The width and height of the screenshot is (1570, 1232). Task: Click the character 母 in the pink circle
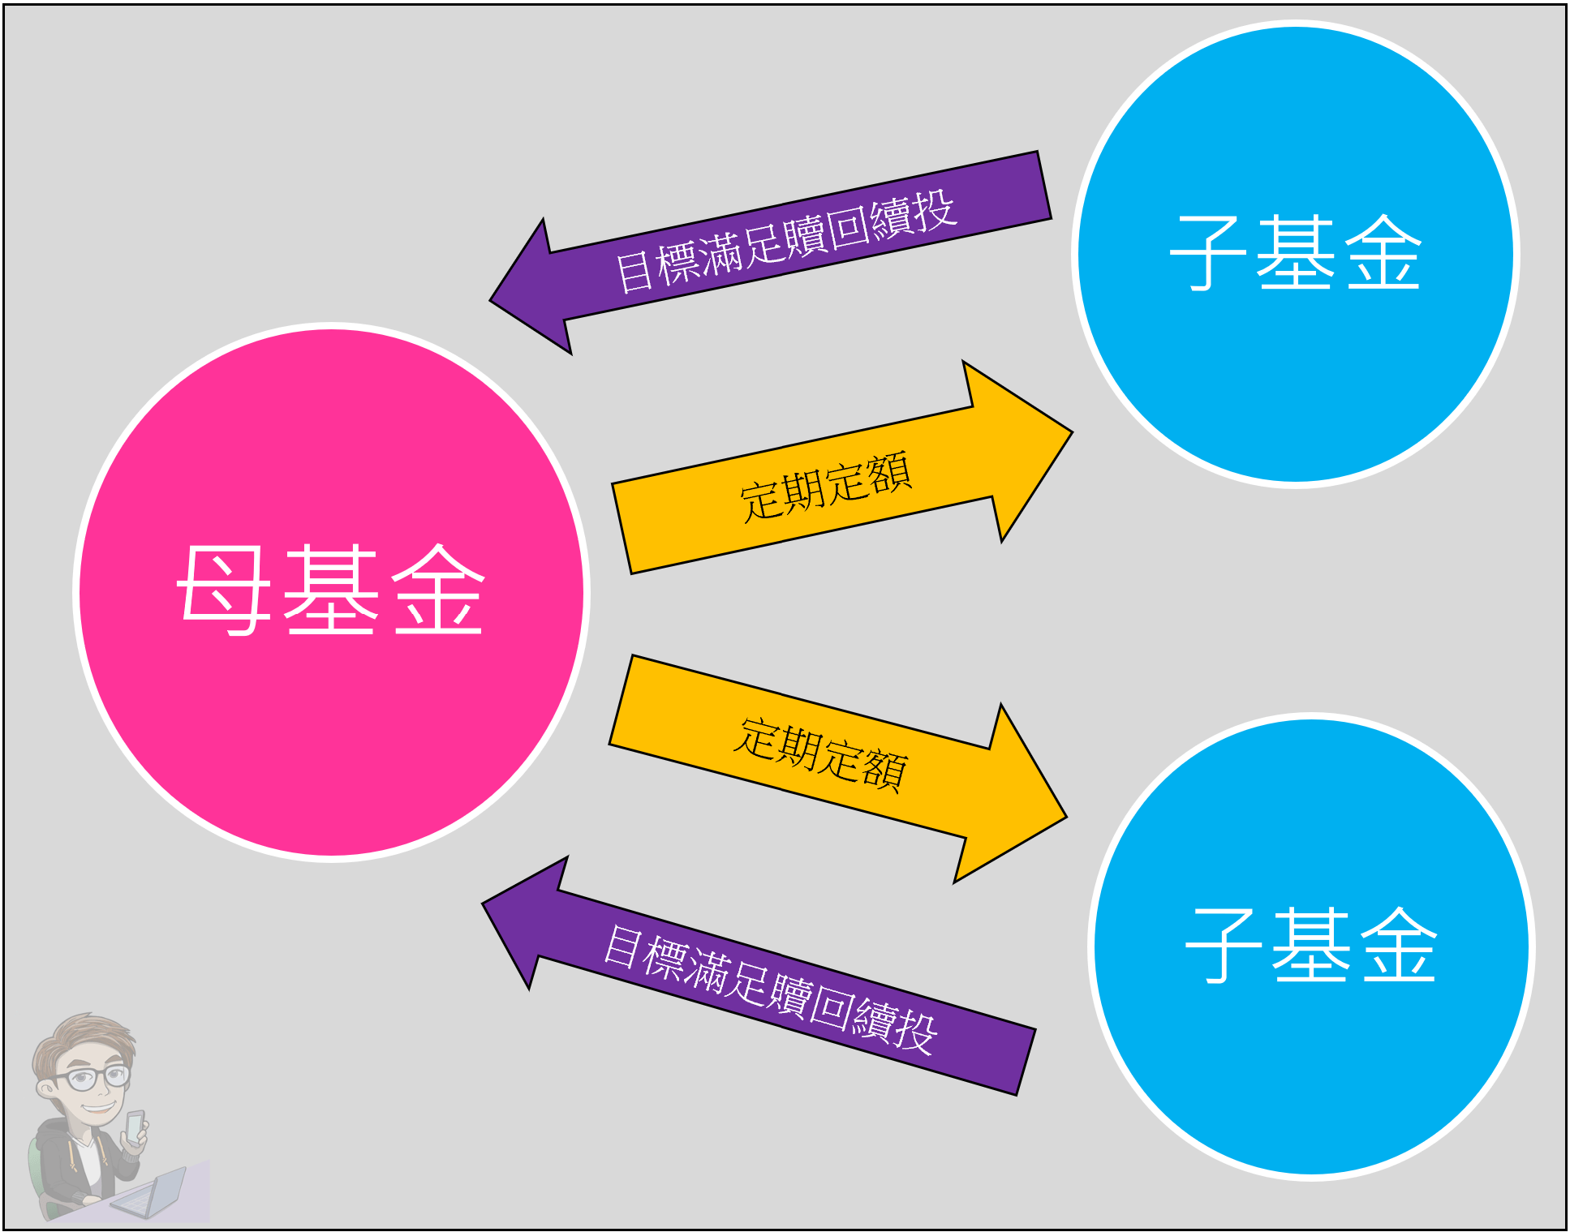tap(223, 590)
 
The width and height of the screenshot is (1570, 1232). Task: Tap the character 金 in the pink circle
tap(438, 590)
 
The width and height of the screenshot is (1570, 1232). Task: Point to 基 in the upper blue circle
tap(1295, 253)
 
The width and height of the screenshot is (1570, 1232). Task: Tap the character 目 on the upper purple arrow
tap(634, 271)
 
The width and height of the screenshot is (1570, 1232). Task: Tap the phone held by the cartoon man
tap(135, 1127)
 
